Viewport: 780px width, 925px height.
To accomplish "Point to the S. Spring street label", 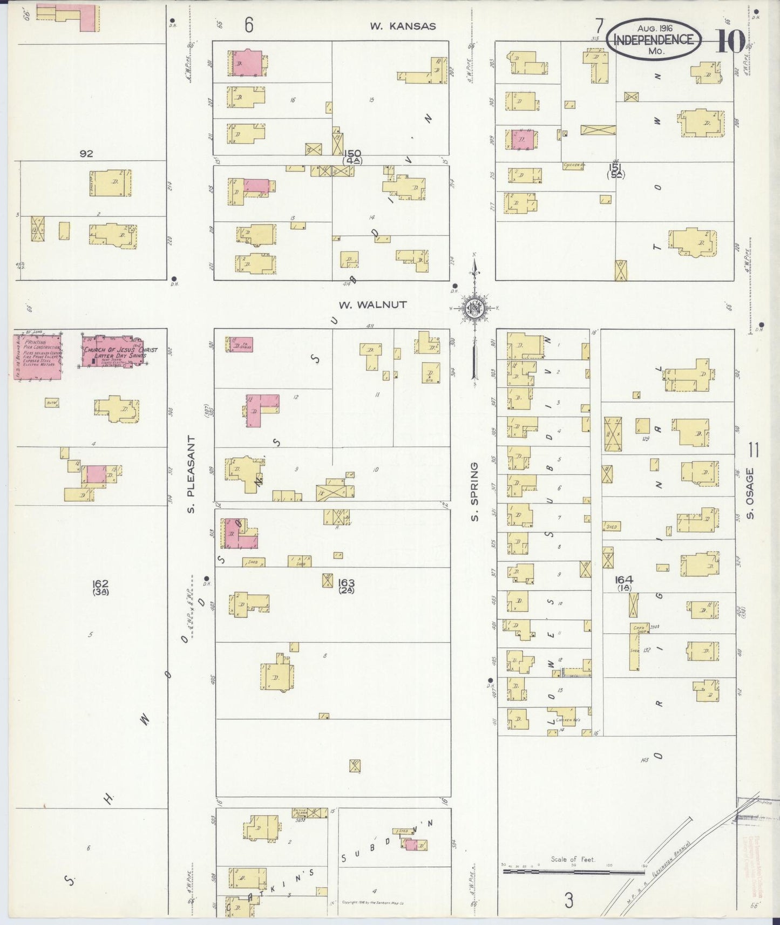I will [474, 492].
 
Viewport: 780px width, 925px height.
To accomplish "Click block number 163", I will [345, 583].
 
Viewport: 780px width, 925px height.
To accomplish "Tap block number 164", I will [624, 580].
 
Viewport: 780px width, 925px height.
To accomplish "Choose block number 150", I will [354, 154].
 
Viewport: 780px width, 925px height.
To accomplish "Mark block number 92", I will [86, 154].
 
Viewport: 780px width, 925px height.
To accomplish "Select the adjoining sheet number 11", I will [754, 449].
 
